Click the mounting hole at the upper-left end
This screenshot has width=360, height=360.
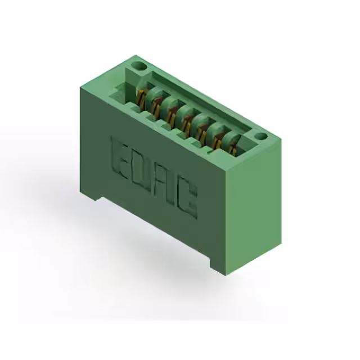pos(139,66)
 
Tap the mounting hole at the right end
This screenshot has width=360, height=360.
pos(261,136)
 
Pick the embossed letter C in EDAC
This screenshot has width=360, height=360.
pos(187,199)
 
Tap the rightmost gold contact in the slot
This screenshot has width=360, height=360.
pos(233,150)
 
